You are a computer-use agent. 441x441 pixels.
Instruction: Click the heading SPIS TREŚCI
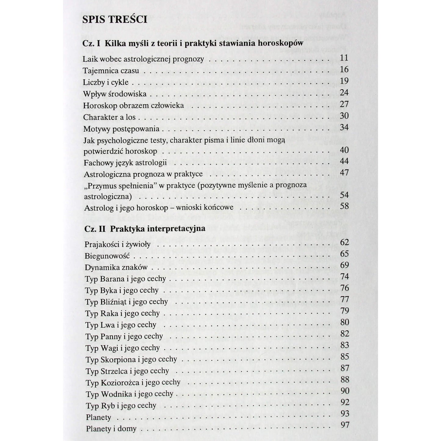[x=115, y=19]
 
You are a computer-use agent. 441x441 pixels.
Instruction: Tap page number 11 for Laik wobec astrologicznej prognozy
[x=344, y=58]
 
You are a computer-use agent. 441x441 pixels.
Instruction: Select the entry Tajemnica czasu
[x=111, y=71]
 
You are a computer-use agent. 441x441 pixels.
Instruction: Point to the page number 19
[x=344, y=81]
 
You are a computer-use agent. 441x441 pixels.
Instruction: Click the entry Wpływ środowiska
[x=115, y=94]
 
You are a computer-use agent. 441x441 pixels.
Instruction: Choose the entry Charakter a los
[x=109, y=117]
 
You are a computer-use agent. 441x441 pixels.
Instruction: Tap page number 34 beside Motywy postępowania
[x=344, y=127]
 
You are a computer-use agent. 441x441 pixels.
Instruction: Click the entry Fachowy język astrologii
[x=125, y=163]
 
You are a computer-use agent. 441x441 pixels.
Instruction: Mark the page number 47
[x=344, y=172]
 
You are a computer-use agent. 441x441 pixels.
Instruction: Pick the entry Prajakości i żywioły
[x=117, y=244]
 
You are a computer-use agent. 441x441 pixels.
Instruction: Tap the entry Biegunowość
[x=107, y=256]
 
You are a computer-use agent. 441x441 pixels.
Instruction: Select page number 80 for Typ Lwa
[x=345, y=322]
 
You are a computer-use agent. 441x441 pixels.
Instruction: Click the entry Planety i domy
[x=111, y=429]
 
